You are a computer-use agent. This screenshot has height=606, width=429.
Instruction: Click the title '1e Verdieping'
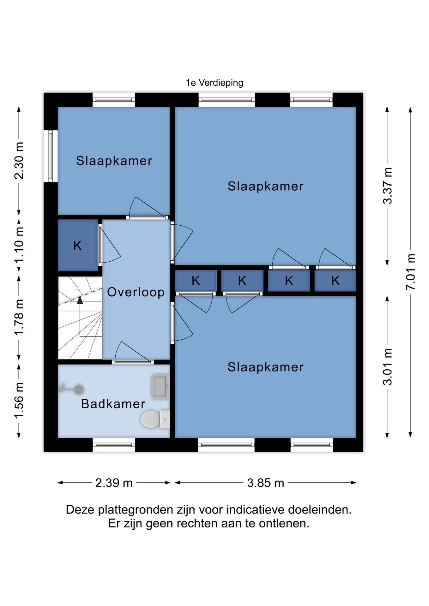[214, 83]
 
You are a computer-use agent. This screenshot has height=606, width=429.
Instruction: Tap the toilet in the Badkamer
[155, 419]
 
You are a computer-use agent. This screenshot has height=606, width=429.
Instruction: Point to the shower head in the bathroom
[79, 389]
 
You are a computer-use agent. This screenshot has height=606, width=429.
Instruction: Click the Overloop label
[136, 292]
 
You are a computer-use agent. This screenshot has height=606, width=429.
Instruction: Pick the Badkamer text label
[113, 404]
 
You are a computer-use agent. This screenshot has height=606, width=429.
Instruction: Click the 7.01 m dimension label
[411, 272]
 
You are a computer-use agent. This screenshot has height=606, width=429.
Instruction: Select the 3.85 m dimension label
[266, 483]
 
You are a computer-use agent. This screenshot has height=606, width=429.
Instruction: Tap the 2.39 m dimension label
[114, 483]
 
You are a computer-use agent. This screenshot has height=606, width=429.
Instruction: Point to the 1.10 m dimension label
[19, 245]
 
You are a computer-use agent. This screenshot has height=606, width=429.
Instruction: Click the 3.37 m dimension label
[388, 186]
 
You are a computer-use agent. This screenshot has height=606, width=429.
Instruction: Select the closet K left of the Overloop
[78, 245]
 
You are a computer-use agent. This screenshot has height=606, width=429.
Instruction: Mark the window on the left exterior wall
[51, 156]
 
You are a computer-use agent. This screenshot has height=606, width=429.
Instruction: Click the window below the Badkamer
[114, 445]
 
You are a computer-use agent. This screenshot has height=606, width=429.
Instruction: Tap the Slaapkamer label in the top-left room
[114, 161]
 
